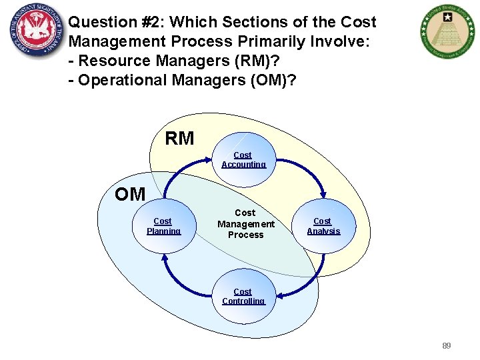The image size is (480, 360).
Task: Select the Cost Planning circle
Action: (x=163, y=226)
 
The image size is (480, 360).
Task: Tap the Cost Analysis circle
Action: (x=323, y=226)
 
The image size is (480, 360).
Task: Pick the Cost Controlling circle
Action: (x=243, y=297)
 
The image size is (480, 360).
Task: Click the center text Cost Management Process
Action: (x=245, y=224)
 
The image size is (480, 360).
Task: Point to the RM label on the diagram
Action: (x=179, y=139)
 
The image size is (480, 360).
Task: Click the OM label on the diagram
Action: (x=129, y=194)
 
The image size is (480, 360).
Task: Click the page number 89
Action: (x=446, y=346)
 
